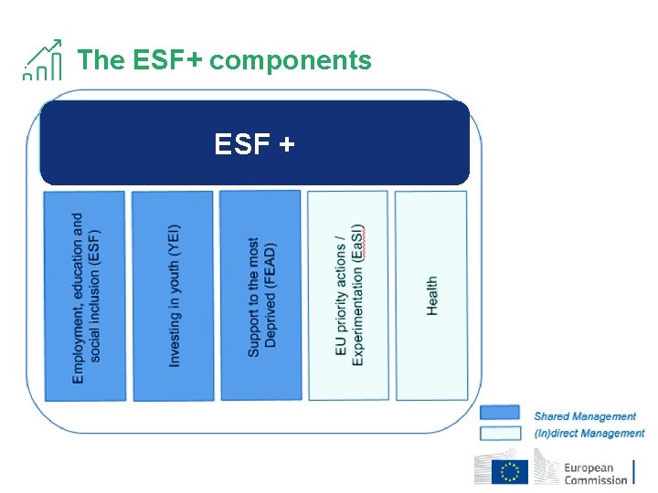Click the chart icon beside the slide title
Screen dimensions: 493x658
coord(43,61)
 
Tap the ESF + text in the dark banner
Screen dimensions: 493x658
coord(254,143)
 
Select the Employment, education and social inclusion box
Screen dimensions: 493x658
coord(84,295)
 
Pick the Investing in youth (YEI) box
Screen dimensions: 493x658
coord(172,295)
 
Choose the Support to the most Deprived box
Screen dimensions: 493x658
coord(260,295)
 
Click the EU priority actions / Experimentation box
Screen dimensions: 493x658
coord(347,295)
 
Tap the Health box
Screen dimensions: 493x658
coord(430,295)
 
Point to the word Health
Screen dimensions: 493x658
coord(431,296)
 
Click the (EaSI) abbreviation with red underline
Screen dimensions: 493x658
coord(358,243)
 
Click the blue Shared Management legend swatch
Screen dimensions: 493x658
coord(499,414)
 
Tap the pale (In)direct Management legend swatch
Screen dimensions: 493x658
coord(499,433)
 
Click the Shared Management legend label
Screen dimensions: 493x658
coord(585,416)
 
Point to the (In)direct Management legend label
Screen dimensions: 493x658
coord(589,434)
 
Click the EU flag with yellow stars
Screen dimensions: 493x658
coord(510,472)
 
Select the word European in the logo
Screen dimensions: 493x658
coord(589,467)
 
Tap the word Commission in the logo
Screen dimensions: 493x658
coord(595,480)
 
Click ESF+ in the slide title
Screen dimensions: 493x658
coord(167,60)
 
